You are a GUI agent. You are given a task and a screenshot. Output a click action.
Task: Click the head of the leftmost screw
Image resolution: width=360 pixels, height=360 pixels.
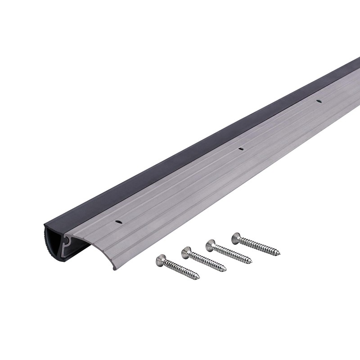[x=160, y=260]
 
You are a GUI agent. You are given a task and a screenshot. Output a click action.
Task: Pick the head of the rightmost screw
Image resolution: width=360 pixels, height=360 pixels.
[x=236, y=236]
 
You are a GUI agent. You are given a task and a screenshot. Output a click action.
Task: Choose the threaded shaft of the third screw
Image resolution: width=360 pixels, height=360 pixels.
[x=232, y=254]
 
